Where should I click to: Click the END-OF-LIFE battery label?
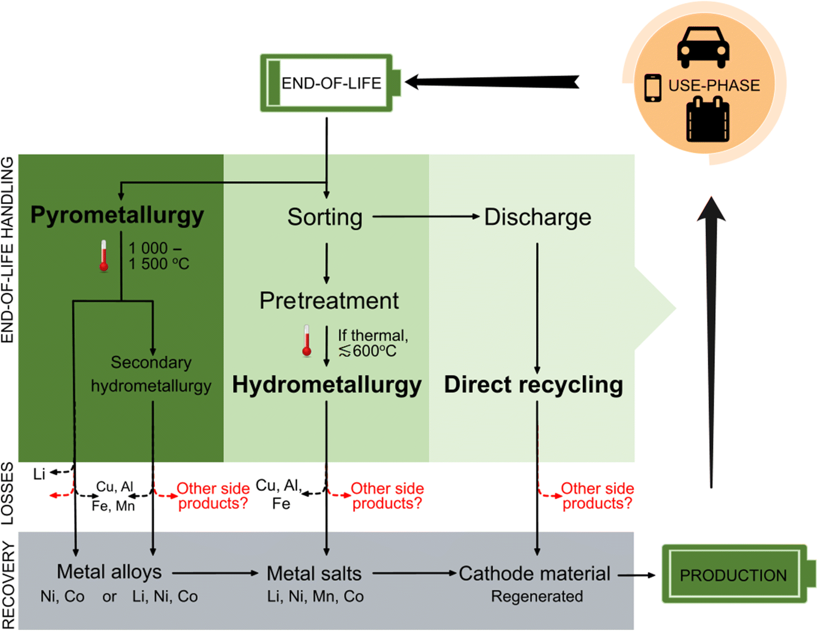pyautogui.click(x=331, y=83)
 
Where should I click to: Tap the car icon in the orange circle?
pyautogui.click(x=703, y=47)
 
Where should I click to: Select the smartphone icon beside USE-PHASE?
pyautogui.click(x=652, y=88)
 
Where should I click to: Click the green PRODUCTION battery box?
pyautogui.click(x=733, y=575)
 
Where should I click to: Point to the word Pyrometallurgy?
pyautogui.click(x=117, y=215)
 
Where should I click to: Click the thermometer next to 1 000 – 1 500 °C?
pyautogui.click(x=103, y=256)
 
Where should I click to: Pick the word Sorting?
pyautogui.click(x=325, y=217)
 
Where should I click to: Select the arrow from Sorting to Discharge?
pyautogui.click(x=425, y=217)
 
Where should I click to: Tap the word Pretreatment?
pyautogui.click(x=329, y=301)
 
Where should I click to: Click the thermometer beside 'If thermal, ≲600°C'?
pyautogui.click(x=307, y=341)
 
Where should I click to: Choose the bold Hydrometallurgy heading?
pyautogui.click(x=326, y=385)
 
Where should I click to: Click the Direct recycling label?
pyautogui.click(x=533, y=385)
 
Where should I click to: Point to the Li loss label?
pyautogui.click(x=39, y=474)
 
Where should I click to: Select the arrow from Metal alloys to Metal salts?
pyautogui.click(x=215, y=573)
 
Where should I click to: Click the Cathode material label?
pyautogui.click(x=534, y=574)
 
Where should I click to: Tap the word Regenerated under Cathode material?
pyautogui.click(x=537, y=596)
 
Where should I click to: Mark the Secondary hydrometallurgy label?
pyautogui.click(x=151, y=374)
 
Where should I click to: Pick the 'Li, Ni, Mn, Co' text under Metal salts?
pyautogui.click(x=315, y=596)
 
